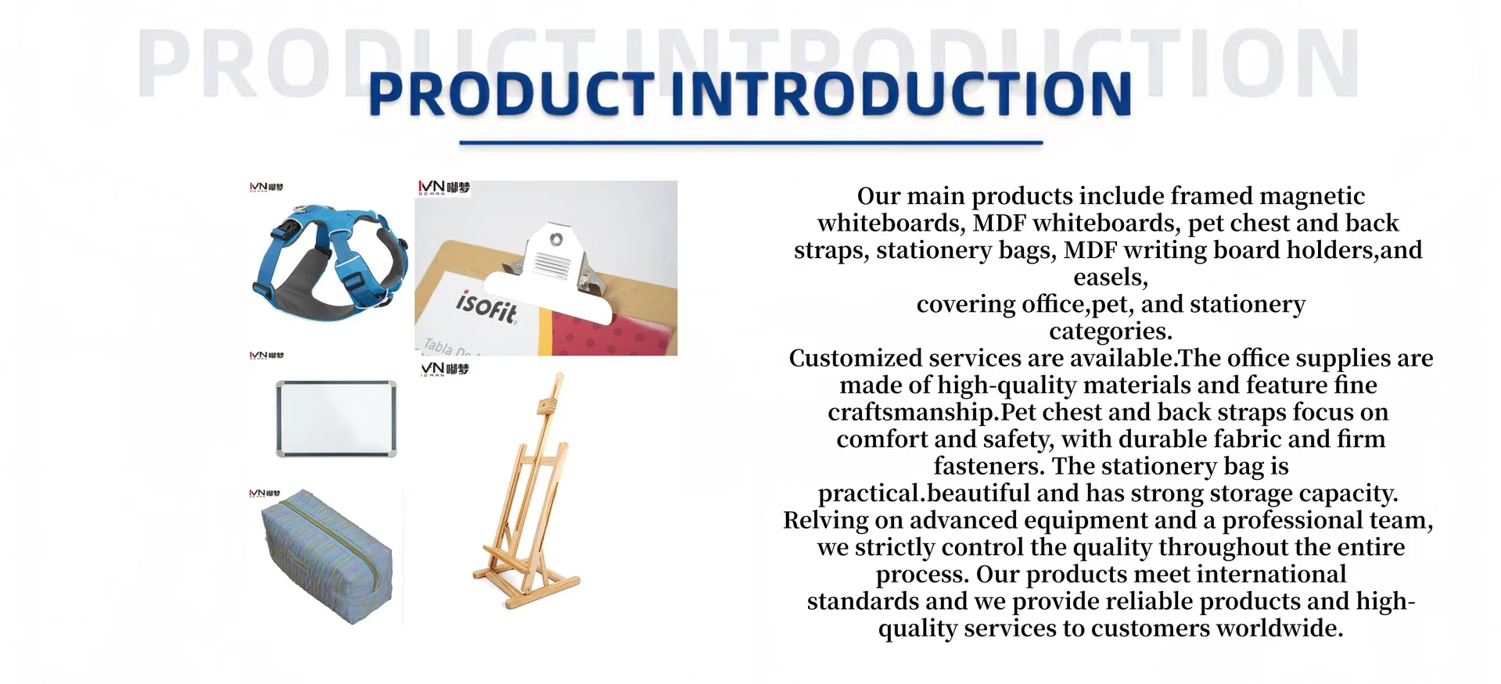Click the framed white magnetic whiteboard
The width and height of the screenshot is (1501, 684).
(336, 418)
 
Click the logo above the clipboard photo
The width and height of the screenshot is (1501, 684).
(443, 188)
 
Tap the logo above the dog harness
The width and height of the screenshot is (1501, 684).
(266, 188)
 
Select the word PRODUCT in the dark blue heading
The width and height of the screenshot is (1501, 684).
(511, 95)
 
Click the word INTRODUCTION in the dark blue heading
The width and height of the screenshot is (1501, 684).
(900, 95)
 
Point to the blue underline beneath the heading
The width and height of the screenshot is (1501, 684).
(751, 143)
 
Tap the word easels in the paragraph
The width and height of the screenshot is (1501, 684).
(1110, 277)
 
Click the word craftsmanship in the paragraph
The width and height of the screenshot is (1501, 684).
(910, 412)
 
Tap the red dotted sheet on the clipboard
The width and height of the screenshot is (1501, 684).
(618, 332)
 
